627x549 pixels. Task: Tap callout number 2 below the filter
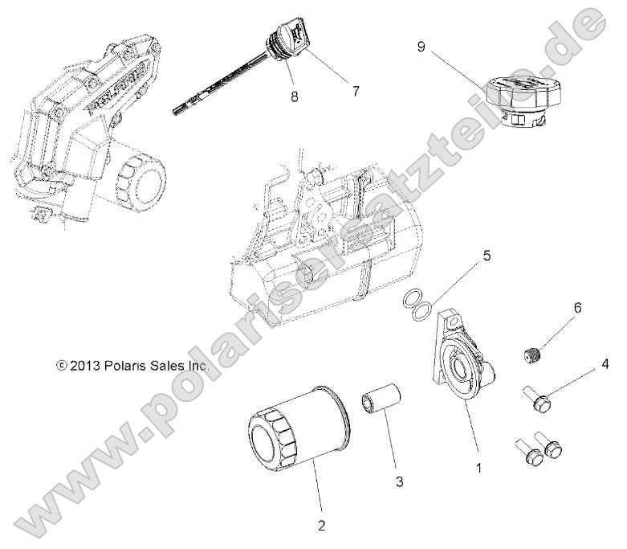coord(321,526)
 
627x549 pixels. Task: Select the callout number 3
coord(398,482)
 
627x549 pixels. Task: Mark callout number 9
coord(420,46)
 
